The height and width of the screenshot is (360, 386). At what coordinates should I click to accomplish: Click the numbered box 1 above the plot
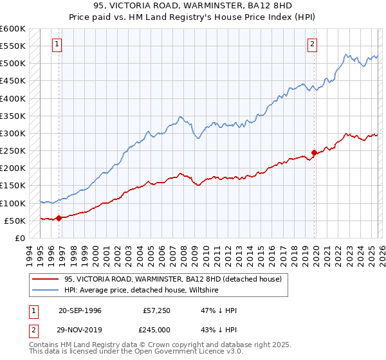click(57, 44)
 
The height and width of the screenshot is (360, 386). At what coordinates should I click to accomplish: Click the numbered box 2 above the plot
click(312, 44)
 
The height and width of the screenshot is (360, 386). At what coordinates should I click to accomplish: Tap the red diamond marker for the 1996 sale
click(59, 218)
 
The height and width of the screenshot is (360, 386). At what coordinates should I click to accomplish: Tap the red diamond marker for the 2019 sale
click(315, 152)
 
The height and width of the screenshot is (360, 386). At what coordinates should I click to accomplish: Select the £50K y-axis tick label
click(15, 221)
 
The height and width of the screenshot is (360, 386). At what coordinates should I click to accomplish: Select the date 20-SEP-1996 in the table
click(80, 310)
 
